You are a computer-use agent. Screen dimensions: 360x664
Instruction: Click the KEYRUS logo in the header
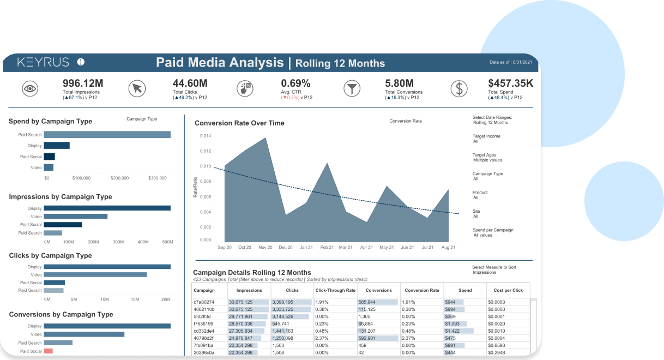point(44,62)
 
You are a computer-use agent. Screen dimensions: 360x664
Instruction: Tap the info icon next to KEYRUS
point(81,62)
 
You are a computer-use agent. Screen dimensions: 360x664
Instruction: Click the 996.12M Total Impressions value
point(83,83)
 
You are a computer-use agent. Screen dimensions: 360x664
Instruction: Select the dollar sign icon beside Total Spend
point(459,88)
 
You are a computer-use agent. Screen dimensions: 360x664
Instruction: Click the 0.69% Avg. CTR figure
point(295,83)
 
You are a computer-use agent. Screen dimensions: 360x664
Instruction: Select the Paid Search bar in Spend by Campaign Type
point(107,135)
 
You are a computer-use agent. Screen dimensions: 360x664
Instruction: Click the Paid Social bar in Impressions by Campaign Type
point(63,224)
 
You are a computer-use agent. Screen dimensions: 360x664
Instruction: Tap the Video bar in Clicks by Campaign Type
point(95,274)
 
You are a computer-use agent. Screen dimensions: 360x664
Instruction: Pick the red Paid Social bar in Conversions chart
point(49,351)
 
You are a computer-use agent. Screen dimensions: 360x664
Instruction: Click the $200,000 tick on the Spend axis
point(119,178)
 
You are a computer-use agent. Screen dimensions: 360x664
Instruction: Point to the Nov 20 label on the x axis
point(265,247)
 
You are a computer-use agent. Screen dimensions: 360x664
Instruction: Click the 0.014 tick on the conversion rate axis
point(205,136)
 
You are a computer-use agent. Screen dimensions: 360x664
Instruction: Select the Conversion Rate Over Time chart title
point(239,123)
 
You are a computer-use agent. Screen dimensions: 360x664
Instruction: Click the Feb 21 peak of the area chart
point(327,163)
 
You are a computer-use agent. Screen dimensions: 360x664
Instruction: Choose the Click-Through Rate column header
point(335,290)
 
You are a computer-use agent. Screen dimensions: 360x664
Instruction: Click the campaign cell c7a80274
point(204,302)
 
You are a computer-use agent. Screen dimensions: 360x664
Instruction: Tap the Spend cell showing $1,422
point(452,331)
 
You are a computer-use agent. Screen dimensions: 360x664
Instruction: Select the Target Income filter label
point(486,136)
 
